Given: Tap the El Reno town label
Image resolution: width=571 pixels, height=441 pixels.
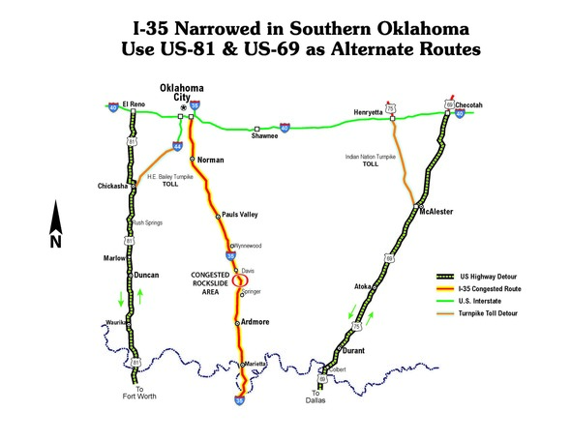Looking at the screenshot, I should (x=135, y=103).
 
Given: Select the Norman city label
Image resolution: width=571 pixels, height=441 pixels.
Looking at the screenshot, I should (x=210, y=160).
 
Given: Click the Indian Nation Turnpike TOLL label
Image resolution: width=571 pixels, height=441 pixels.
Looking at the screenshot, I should (x=371, y=159).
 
